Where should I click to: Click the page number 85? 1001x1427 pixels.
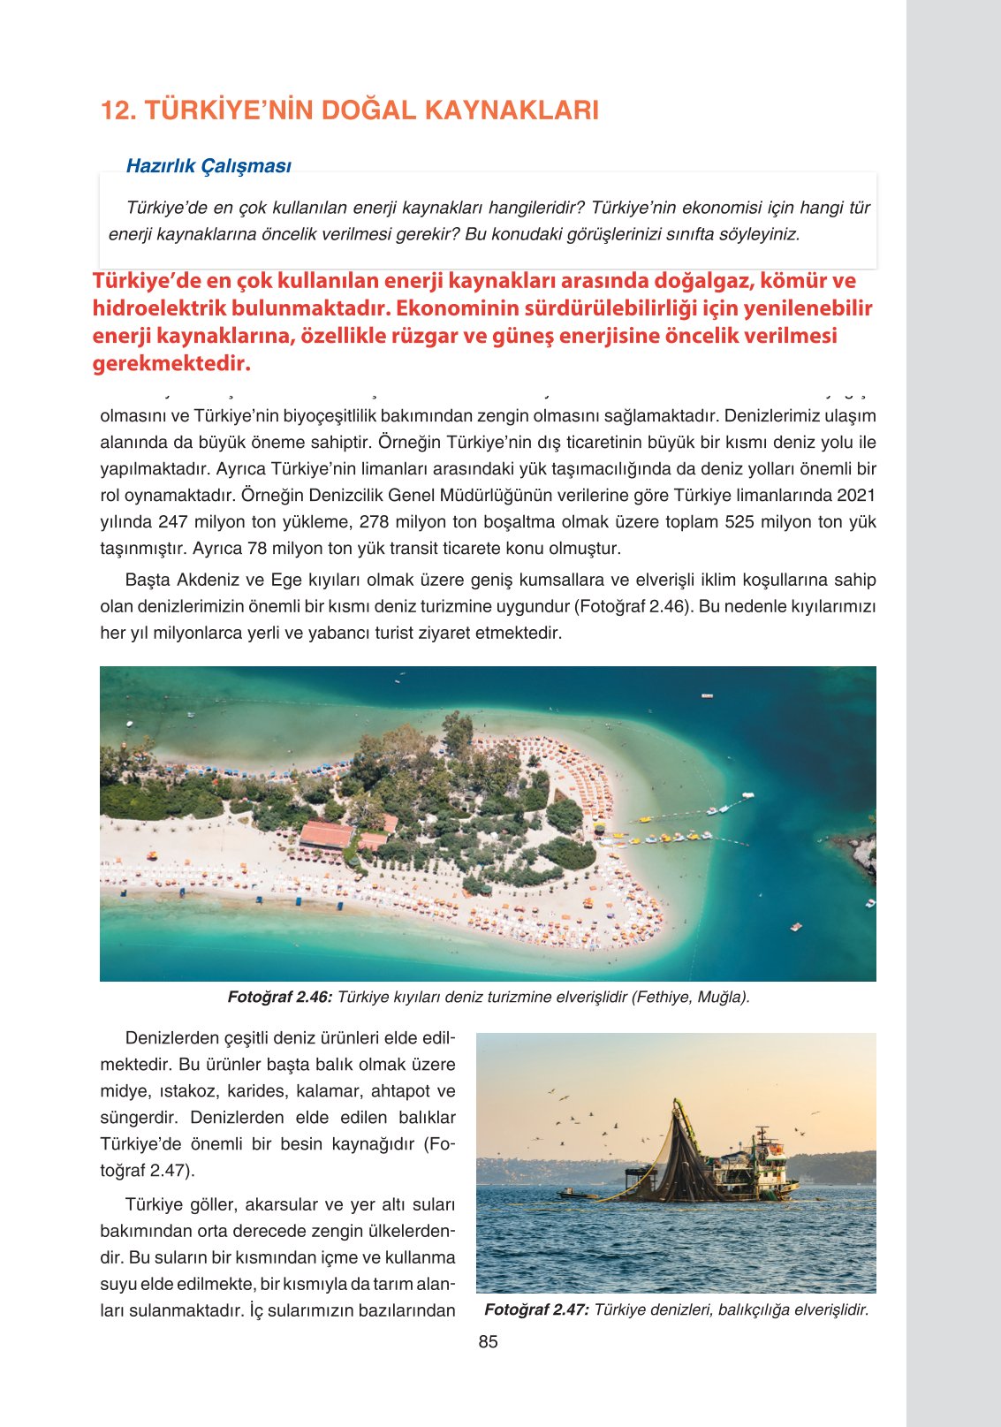pyautogui.click(x=488, y=1341)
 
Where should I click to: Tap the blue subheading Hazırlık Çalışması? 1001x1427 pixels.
pyautogui.click(x=209, y=165)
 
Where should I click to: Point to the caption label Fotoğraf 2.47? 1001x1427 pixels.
pyautogui.click(x=536, y=1309)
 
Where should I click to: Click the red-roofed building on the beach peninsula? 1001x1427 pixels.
pyautogui.click(x=327, y=834)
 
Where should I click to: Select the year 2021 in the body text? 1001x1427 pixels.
pyautogui.click(x=856, y=495)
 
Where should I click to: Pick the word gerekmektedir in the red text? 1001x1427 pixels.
pyautogui.click(x=171, y=363)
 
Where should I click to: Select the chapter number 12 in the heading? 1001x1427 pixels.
pyautogui.click(x=118, y=110)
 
